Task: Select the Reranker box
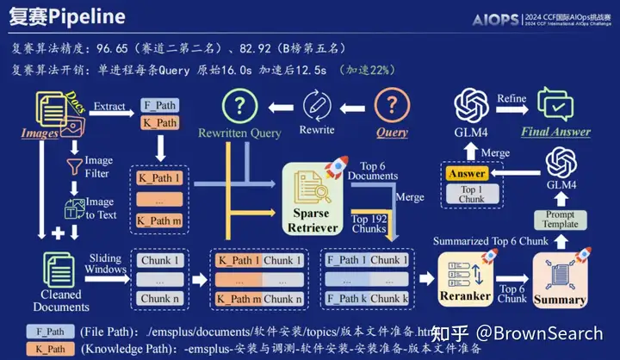click(x=465, y=277)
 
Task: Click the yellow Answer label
click(x=467, y=174)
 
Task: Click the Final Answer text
click(x=555, y=132)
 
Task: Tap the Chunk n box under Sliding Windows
click(x=160, y=299)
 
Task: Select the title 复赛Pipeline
click(x=69, y=16)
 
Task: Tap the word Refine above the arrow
click(x=512, y=99)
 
